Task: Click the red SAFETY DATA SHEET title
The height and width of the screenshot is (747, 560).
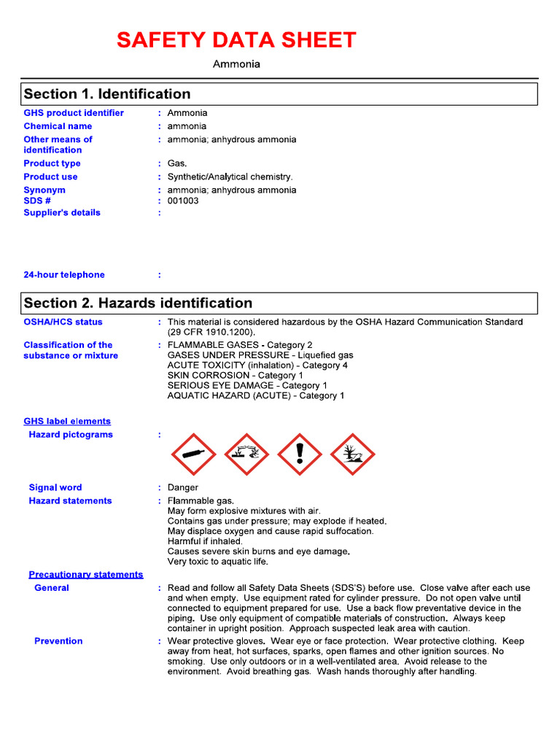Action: click(x=236, y=40)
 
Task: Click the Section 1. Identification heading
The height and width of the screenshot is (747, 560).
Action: click(x=107, y=94)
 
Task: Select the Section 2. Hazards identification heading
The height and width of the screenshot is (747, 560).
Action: click(x=138, y=303)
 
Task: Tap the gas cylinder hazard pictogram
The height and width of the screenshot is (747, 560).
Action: click(x=193, y=454)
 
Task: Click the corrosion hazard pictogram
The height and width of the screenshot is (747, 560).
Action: click(x=246, y=454)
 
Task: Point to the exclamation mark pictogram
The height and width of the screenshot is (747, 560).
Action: click(x=300, y=454)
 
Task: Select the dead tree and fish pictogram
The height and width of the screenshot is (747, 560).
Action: click(x=353, y=454)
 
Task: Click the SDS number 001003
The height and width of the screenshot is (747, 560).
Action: click(x=183, y=201)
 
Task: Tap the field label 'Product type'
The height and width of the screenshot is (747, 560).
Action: click(x=52, y=163)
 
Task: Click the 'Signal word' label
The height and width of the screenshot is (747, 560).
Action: click(x=55, y=487)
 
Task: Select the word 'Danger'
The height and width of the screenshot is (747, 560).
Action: click(x=183, y=487)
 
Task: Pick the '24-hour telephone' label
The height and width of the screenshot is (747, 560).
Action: click(x=64, y=275)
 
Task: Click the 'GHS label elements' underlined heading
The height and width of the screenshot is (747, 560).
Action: click(x=67, y=421)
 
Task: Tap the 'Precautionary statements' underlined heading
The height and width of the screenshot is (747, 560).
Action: click(x=86, y=574)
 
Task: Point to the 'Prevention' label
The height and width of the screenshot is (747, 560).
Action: click(x=58, y=640)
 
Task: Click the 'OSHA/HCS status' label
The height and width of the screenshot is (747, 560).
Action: click(x=63, y=322)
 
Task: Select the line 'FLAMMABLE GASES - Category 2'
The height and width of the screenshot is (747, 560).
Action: click(x=240, y=345)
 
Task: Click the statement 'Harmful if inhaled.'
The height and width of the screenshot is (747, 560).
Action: click(x=205, y=541)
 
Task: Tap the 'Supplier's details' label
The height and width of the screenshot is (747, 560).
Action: click(x=62, y=213)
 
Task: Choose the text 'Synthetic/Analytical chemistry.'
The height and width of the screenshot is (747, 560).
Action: click(x=230, y=177)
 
